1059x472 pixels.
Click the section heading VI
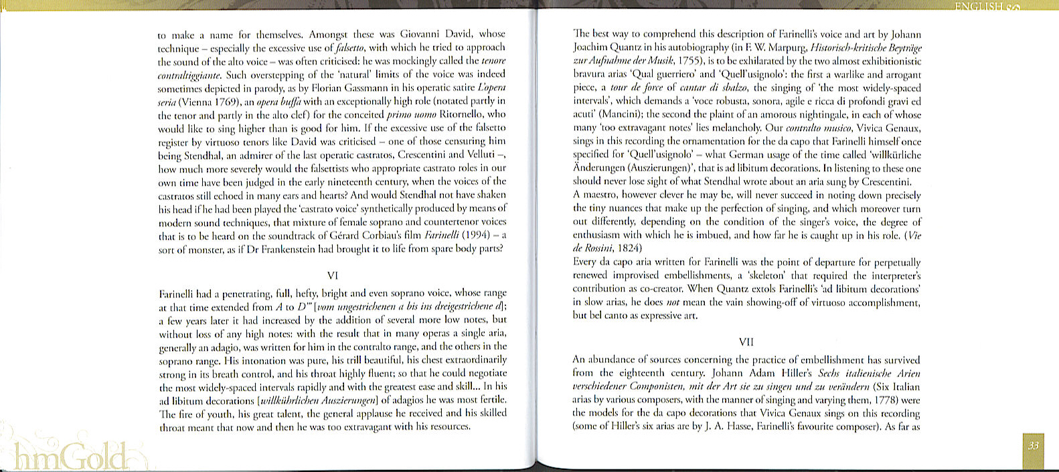pos(333,275)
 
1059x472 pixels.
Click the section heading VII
pos(746,342)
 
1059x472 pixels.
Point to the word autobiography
pos(700,47)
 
